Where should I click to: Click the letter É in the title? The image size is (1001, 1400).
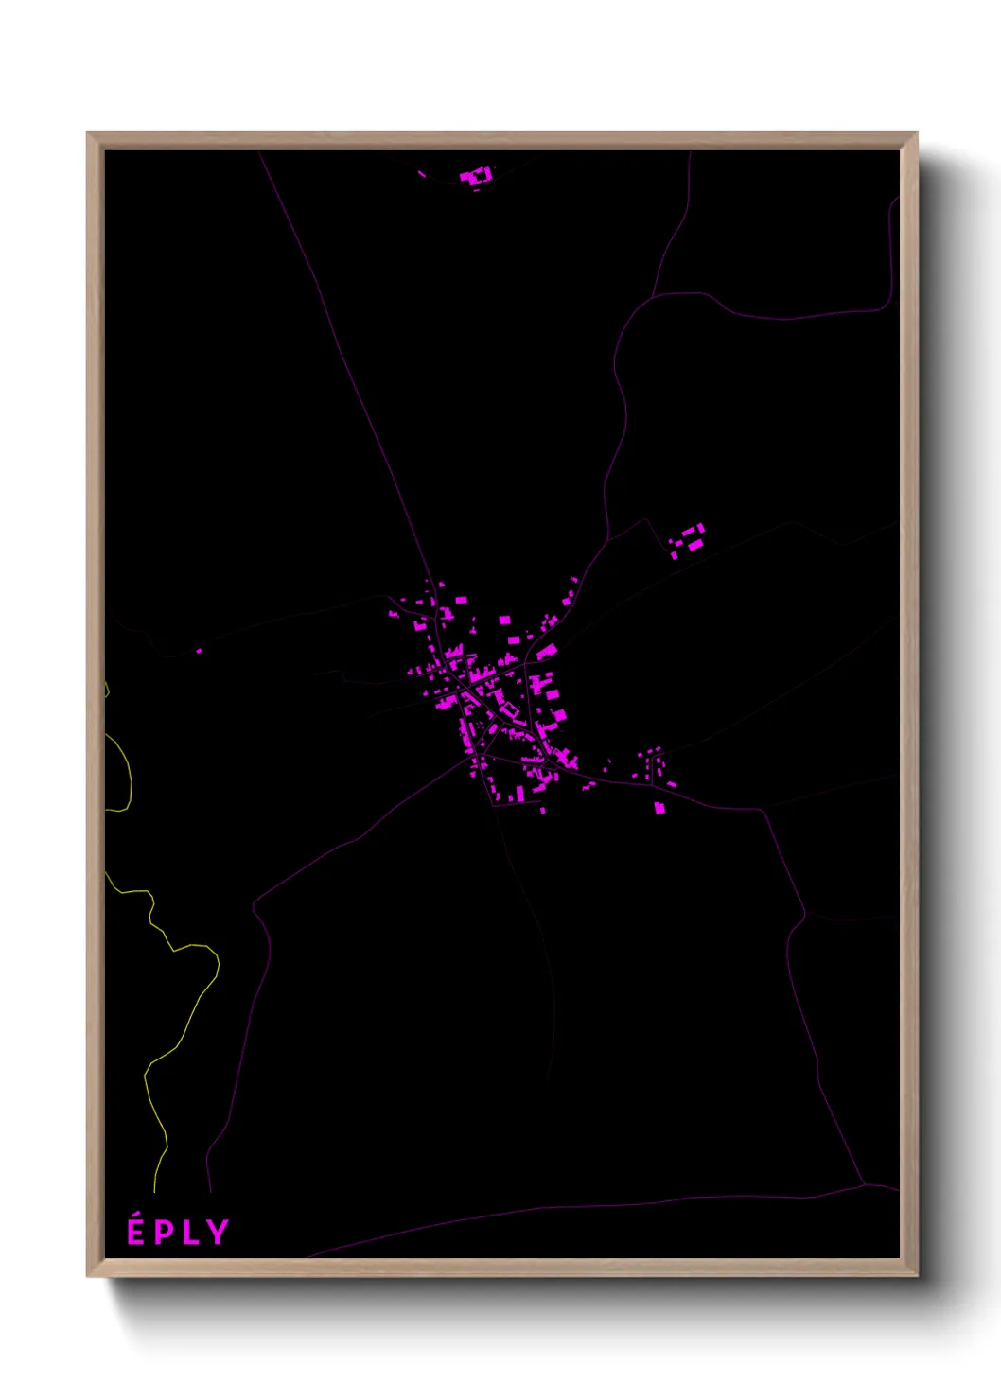coord(136,1233)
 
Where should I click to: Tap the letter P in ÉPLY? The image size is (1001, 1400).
coord(165,1233)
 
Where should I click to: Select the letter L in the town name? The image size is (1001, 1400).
coord(191,1233)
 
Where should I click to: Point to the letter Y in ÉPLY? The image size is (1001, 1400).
coord(218,1233)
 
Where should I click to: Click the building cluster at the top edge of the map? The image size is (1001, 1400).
coord(476,176)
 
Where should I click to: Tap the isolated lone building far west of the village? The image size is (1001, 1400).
coord(199,651)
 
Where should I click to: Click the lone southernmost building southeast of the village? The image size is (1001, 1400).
coord(659,808)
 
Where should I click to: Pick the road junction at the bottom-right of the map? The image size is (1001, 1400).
coord(865,1183)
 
